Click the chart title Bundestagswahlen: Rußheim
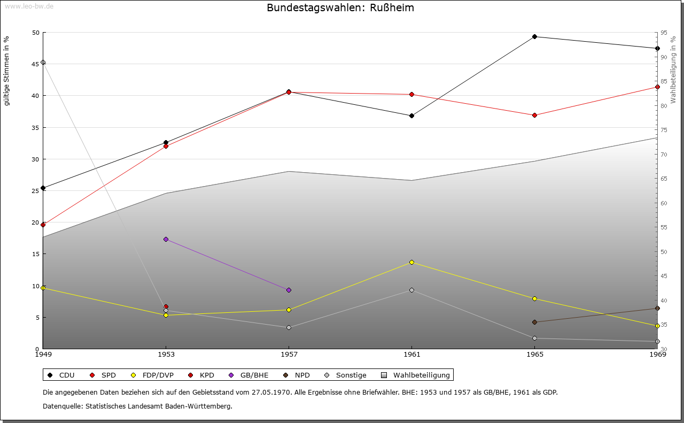[340, 8]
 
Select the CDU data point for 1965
[534, 37]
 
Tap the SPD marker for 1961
[411, 95]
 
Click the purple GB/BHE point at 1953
[166, 239]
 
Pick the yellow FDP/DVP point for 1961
[411, 262]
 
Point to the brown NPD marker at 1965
[534, 322]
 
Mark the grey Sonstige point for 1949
[43, 62]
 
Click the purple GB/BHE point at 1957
[289, 290]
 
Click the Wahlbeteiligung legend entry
[417, 375]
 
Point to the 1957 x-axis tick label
[289, 354]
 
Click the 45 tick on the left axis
[36, 64]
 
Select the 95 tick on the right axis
[663, 33]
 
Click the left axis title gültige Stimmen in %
[7, 71]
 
